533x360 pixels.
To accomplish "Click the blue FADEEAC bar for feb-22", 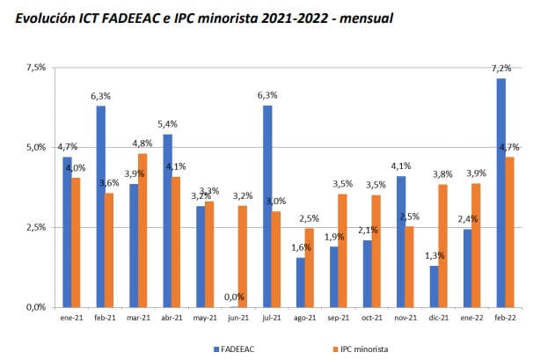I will (x=500, y=193).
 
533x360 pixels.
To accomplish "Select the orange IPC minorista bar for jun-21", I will (x=243, y=256).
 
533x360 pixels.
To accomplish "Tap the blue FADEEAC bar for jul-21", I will (x=266, y=206).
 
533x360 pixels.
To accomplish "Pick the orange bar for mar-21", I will (x=143, y=231).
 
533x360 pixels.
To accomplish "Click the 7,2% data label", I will (x=501, y=68).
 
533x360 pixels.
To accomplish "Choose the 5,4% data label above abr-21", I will (x=167, y=125).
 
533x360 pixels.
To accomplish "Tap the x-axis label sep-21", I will (x=340, y=318).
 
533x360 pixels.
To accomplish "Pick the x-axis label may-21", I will (x=205, y=318).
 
